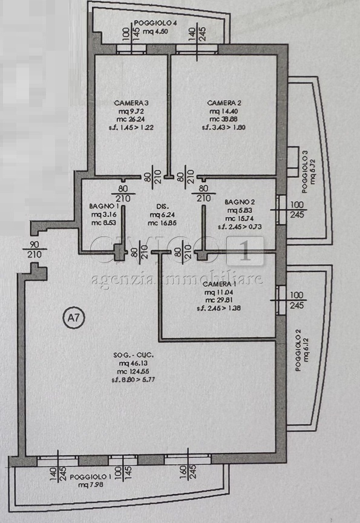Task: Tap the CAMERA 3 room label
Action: point(131,102)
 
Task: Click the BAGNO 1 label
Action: point(99,206)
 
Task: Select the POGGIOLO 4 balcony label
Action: point(155,24)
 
